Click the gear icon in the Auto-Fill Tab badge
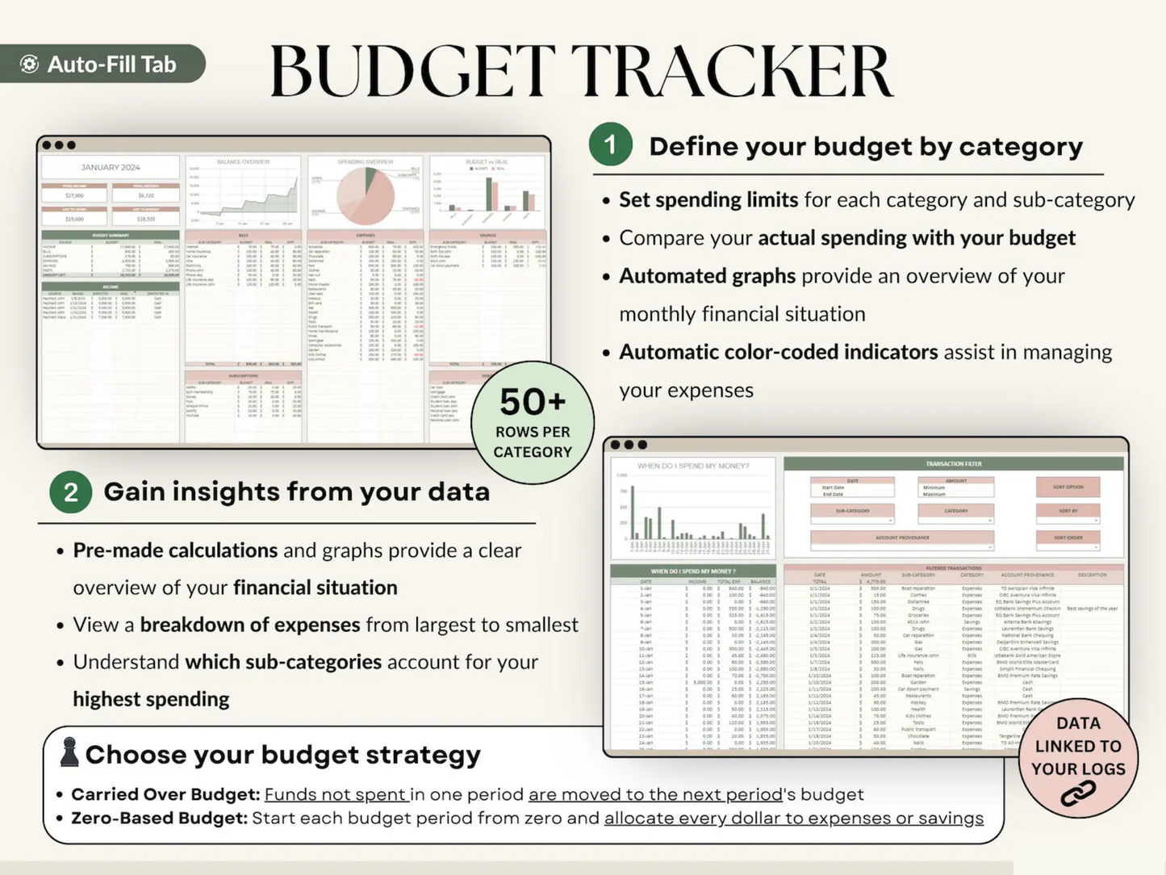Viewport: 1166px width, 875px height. pyautogui.click(x=30, y=65)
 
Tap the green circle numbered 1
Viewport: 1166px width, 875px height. pyautogui.click(x=610, y=144)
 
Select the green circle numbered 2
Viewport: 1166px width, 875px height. pyautogui.click(x=70, y=492)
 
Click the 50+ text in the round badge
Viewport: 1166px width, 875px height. pyautogui.click(x=533, y=401)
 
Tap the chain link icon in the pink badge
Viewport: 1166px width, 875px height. pyautogui.click(x=1077, y=793)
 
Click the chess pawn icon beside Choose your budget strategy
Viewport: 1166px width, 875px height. pyautogui.click(x=69, y=752)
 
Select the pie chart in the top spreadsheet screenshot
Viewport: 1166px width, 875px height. pyautogui.click(x=366, y=196)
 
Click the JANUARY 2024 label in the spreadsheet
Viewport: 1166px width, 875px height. pyautogui.click(x=111, y=167)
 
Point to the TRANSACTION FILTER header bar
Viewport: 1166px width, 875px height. pyautogui.click(x=953, y=463)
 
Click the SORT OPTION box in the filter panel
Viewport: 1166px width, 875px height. pyautogui.click(x=1068, y=487)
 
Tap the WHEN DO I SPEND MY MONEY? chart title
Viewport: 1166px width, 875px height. pyautogui.click(x=693, y=466)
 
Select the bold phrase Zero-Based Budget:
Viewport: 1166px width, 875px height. pyautogui.click(x=159, y=818)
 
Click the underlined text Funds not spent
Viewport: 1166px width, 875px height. pyautogui.click(x=336, y=794)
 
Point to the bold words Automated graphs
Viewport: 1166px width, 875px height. pyautogui.click(x=707, y=276)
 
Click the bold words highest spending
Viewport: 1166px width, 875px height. pyautogui.click(x=151, y=699)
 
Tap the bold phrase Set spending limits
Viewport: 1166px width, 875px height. pyautogui.click(x=708, y=199)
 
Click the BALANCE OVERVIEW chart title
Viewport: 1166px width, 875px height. pyautogui.click(x=243, y=162)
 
